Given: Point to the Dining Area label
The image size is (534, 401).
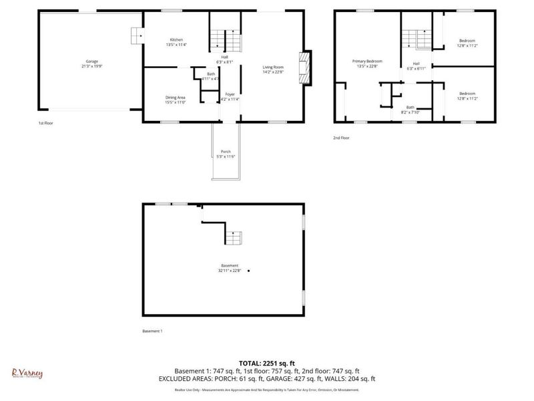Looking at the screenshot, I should [x=176, y=98].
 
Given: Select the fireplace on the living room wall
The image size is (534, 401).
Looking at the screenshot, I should [x=304, y=68].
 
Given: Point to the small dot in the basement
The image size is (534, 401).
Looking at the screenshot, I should [x=249, y=271].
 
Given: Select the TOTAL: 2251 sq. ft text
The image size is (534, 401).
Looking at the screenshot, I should [x=266, y=363].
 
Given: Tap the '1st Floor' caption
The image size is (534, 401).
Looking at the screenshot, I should [x=45, y=124].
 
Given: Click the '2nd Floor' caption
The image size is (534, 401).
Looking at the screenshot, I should [x=341, y=138].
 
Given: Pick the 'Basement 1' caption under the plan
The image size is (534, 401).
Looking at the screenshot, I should [x=152, y=331].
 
